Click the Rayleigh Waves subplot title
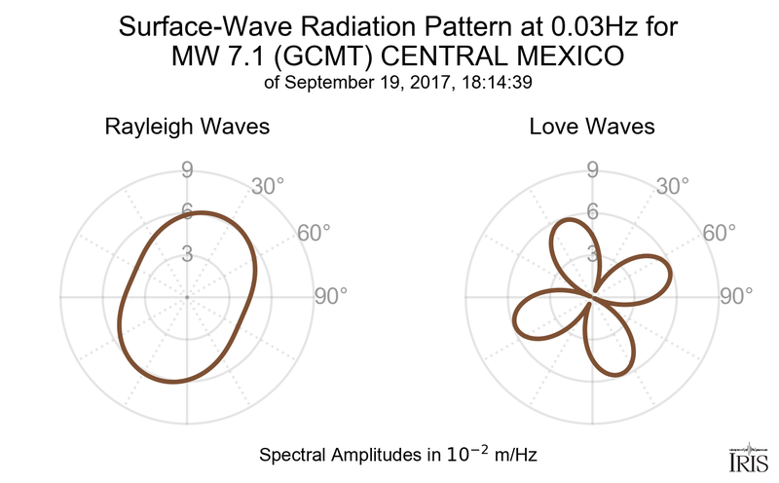tap(187, 128)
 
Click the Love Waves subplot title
tap(591, 128)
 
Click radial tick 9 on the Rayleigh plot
tap(187, 170)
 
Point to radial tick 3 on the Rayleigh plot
tap(187, 254)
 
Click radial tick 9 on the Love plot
tap(591, 170)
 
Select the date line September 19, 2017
tap(373, 83)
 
